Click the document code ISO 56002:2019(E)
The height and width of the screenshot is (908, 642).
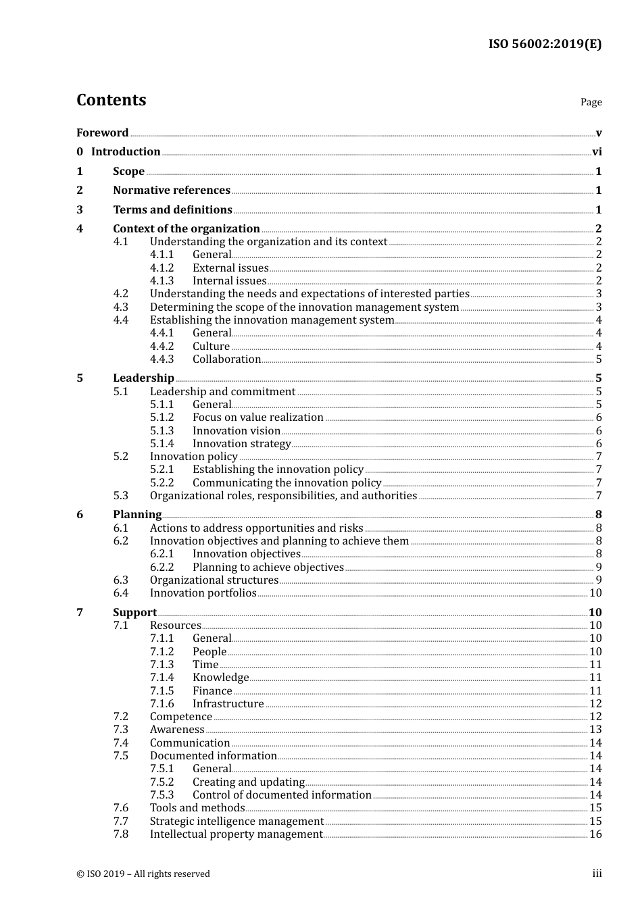[x=545, y=44]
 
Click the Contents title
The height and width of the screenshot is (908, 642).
[x=111, y=100]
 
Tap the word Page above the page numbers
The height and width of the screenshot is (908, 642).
[x=591, y=102]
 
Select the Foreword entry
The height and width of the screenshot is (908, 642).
[x=102, y=132]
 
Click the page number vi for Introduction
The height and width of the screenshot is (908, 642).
[x=597, y=152]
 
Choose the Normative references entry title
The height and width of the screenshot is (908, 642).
[x=172, y=191]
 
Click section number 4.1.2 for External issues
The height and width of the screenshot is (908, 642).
[x=162, y=268]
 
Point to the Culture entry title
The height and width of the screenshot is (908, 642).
[x=211, y=347]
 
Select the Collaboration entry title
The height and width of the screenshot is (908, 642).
[x=226, y=359]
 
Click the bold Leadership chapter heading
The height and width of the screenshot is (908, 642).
[x=143, y=378]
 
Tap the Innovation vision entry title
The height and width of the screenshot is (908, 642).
[x=236, y=431]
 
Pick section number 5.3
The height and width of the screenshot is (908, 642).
[x=120, y=496]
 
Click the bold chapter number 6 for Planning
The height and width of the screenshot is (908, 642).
[x=80, y=515]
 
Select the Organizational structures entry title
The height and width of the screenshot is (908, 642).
[x=214, y=580]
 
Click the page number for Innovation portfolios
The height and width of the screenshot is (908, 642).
[x=595, y=593]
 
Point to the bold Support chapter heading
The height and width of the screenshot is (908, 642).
[x=134, y=613]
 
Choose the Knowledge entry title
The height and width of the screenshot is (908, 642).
[x=220, y=678]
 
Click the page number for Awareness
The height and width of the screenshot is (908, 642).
[x=595, y=730]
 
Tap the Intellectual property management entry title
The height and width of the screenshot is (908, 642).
[x=236, y=834]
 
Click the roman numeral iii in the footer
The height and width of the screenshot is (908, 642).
[x=597, y=874]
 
